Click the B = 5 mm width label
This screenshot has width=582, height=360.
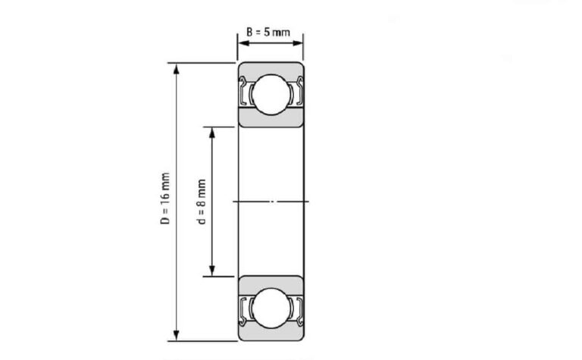coord(268,33)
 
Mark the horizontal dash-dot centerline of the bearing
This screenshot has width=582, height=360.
coord(271,201)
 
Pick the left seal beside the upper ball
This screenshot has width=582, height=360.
coord(245,93)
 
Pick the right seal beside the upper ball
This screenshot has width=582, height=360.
coord(299,93)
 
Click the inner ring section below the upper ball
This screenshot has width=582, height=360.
coord(271,118)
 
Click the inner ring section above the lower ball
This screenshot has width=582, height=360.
coord(271,283)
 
